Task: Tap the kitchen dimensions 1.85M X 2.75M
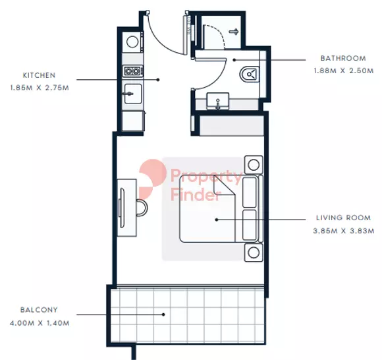point(38,87)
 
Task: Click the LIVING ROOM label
point(342,218)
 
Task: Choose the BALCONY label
point(39,309)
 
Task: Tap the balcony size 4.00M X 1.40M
point(40,323)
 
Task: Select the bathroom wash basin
point(216,103)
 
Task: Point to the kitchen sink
point(132,94)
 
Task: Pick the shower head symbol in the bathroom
point(234,31)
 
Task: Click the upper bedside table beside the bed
point(252,164)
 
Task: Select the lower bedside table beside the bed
point(252,251)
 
